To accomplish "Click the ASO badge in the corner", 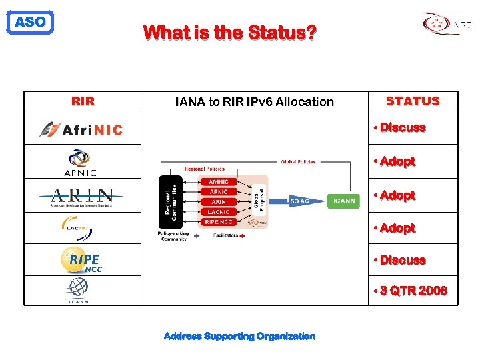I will (x=29, y=22).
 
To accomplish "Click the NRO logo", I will (x=447, y=24).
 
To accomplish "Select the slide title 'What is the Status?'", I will (x=230, y=31).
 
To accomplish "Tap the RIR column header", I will (x=83, y=101).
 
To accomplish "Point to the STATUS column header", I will (x=413, y=101).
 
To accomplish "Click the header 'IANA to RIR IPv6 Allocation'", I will (x=254, y=101).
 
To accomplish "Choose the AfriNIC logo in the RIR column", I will (x=81, y=129).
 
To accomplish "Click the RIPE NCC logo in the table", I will (x=81, y=260).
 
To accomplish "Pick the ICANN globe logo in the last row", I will (x=77, y=291).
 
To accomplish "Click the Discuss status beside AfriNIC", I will (x=400, y=127).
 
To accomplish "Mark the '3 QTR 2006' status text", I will (x=411, y=291).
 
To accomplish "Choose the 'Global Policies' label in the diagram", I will (x=299, y=161).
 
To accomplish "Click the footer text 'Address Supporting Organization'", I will (x=239, y=336).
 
